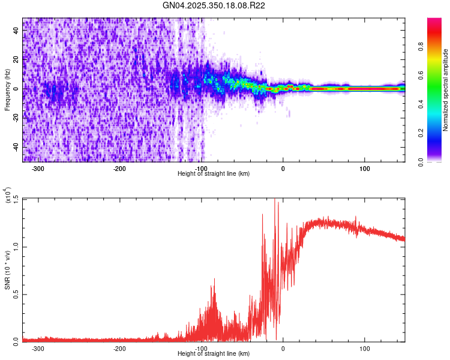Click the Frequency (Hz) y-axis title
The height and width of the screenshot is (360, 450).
[8, 89]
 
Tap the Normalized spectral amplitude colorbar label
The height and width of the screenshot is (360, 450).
[446, 90]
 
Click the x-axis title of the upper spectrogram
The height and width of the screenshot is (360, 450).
[214, 173]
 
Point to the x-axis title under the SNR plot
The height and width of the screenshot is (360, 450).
[214, 353]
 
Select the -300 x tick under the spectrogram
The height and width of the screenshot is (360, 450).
[38, 169]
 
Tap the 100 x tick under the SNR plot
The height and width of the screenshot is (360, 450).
[364, 348]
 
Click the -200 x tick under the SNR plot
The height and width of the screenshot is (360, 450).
[119, 348]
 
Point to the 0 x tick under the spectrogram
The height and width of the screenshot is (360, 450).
[283, 169]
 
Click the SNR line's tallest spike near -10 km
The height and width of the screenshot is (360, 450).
[275, 201]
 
